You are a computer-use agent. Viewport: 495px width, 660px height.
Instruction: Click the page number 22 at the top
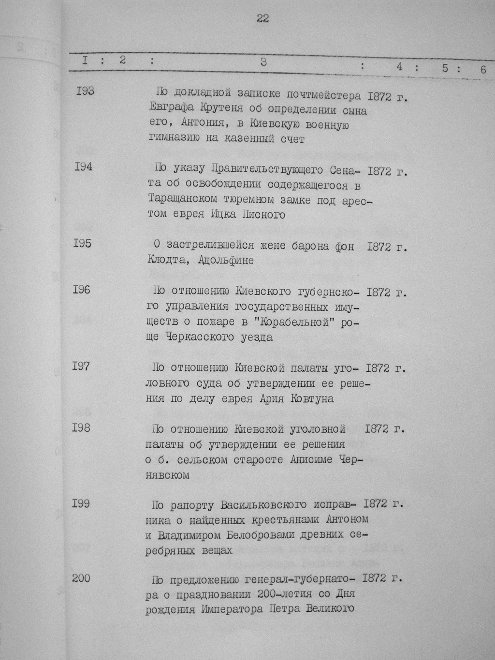[x=263, y=19]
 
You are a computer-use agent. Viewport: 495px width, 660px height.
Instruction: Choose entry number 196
[x=81, y=290]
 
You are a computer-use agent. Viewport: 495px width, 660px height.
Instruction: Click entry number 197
[x=81, y=366]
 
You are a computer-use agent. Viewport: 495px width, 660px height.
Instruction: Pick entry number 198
[x=81, y=428]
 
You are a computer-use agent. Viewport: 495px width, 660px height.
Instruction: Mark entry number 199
[x=81, y=503]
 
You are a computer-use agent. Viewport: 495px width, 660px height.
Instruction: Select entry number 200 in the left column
[x=81, y=578]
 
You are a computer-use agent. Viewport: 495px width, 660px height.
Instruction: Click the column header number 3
[x=263, y=62]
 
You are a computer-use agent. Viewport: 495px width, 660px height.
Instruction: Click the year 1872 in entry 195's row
[x=379, y=247]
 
